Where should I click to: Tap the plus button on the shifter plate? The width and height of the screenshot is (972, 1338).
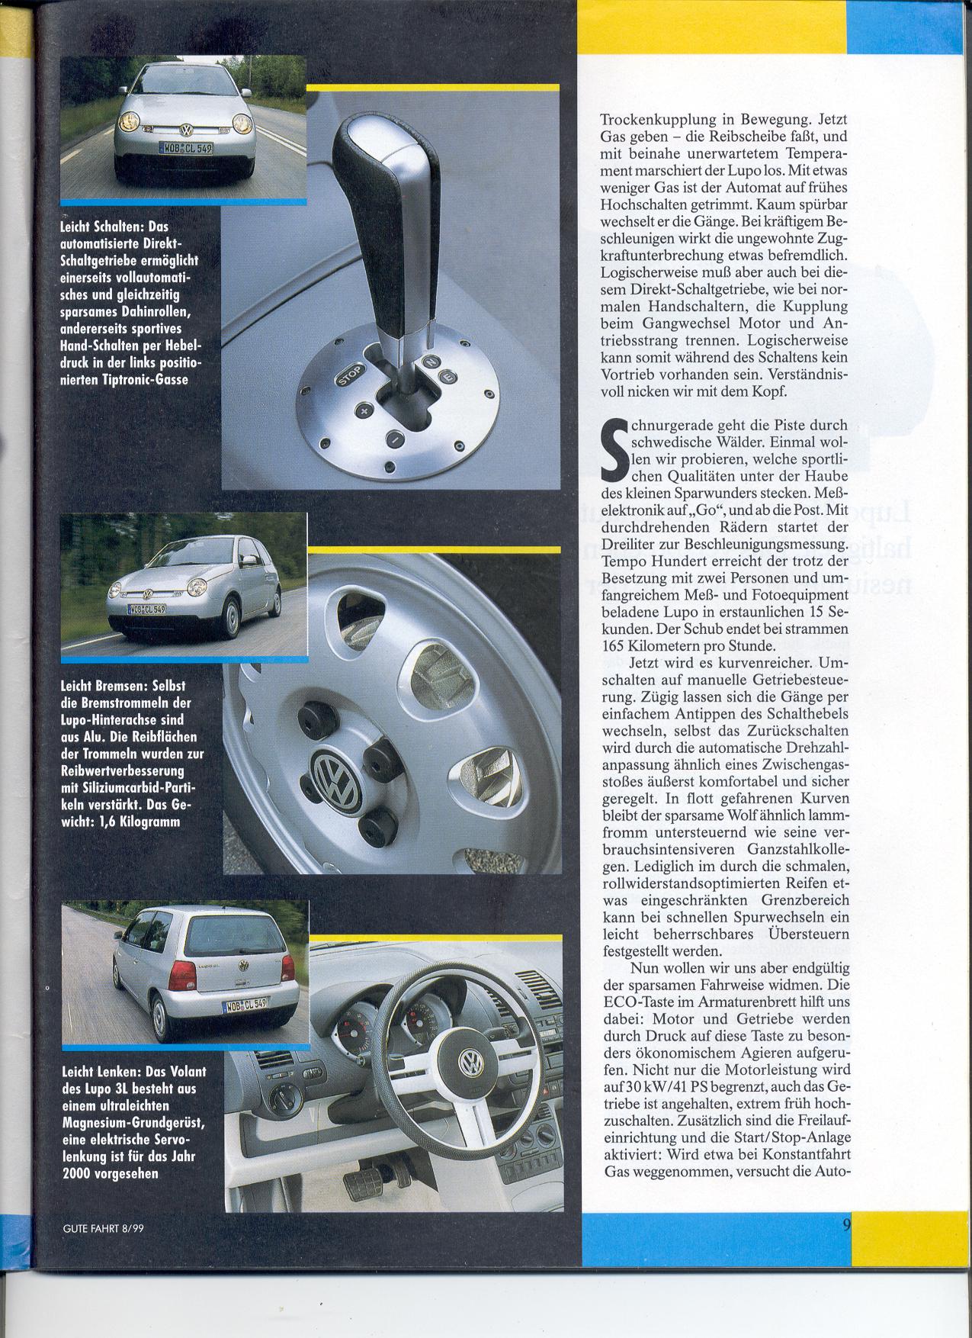(x=364, y=413)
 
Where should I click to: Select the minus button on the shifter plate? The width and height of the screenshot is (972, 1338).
(x=394, y=439)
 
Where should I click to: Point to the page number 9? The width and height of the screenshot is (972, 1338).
(x=846, y=1246)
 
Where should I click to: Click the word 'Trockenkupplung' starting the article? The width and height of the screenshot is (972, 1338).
(x=648, y=121)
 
